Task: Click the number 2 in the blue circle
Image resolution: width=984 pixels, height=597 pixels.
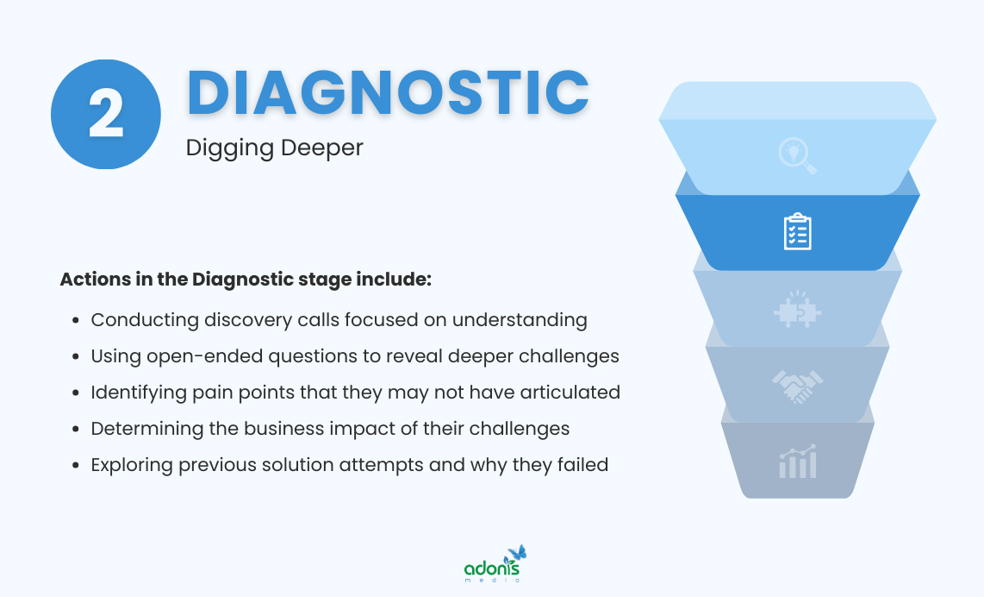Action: [106, 115]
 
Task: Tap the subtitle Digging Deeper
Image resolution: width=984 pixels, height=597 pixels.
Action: [274, 148]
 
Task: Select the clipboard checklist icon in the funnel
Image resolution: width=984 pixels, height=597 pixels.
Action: [797, 231]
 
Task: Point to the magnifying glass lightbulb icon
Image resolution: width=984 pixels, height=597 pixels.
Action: [797, 156]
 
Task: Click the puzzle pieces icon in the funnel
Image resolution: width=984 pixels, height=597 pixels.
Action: [797, 311]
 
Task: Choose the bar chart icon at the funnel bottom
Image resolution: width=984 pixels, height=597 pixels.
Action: [797, 462]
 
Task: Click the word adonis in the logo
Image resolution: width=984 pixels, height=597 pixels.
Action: [492, 569]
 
